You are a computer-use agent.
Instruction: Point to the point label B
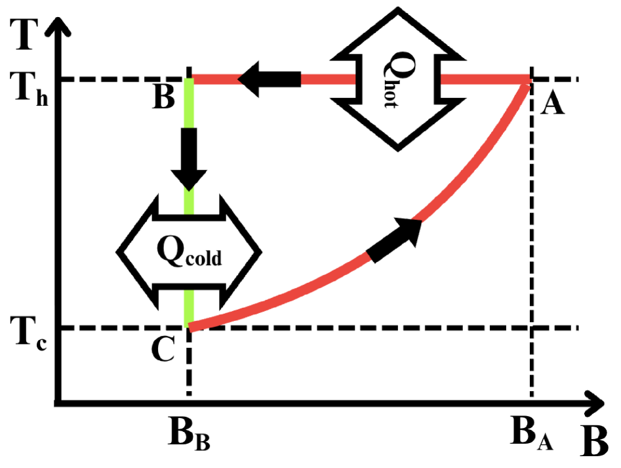163,100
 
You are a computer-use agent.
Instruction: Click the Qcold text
189,253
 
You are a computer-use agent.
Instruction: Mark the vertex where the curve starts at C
190,326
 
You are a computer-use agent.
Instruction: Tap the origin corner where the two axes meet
59,401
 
